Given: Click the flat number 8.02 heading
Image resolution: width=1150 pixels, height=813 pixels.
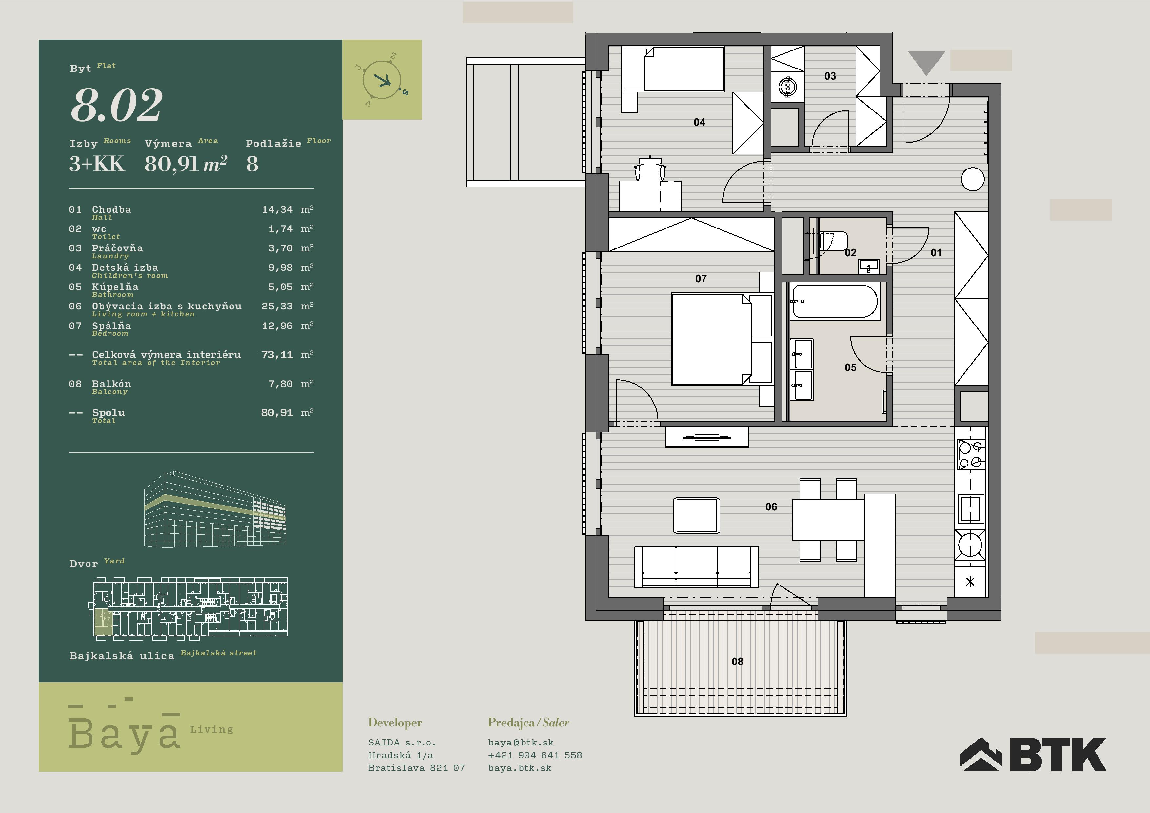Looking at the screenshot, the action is click(117, 105).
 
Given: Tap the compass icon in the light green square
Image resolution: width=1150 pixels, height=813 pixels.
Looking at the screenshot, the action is click(383, 80).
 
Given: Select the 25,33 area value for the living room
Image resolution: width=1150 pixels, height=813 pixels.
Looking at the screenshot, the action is click(277, 306).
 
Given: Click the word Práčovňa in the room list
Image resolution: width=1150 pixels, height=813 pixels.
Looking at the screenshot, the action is click(117, 248).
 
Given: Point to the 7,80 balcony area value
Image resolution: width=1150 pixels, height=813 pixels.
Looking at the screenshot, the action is click(281, 384).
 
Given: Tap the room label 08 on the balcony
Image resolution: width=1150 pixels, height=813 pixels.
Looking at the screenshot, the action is click(737, 662).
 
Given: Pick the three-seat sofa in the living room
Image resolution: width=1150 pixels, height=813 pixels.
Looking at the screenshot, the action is click(696, 566).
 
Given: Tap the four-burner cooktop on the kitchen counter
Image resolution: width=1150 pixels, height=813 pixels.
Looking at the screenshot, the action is click(971, 455).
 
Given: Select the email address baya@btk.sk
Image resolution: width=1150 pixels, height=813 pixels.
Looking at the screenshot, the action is click(521, 743).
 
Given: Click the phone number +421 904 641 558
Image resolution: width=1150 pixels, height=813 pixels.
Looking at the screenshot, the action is click(535, 755).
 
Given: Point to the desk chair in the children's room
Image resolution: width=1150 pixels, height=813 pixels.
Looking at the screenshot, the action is click(650, 169).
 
